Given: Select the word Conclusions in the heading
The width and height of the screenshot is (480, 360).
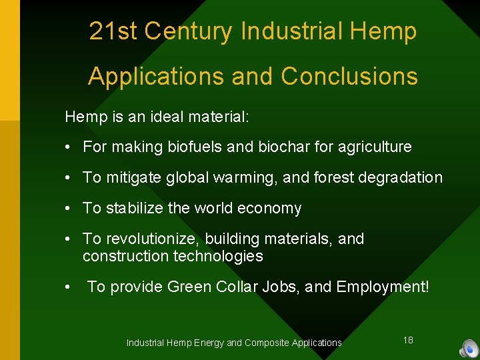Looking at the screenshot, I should click(349, 77).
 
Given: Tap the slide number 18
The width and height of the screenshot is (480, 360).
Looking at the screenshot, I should click(408, 340).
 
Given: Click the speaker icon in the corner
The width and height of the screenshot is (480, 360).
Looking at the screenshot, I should click(469, 348).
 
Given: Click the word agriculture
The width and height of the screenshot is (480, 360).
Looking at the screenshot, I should click(373, 147).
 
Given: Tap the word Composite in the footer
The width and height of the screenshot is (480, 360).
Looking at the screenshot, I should click(267, 343).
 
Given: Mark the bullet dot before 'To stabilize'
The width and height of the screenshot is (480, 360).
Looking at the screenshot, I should click(69, 209).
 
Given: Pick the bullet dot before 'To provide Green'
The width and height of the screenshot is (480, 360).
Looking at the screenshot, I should click(69, 287).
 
